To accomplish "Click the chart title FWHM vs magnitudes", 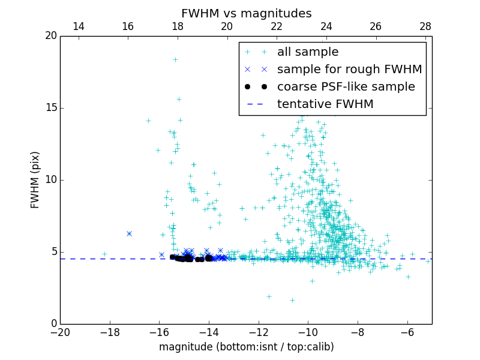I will (x=246, y=13).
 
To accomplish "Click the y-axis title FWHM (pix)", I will (x=35, y=180).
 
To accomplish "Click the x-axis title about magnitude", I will (x=246, y=347).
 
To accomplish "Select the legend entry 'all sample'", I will (x=307, y=52).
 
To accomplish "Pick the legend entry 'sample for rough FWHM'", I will (x=349, y=70).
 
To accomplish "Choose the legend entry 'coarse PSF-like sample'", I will (x=346, y=87).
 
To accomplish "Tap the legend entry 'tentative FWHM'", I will (x=325, y=104).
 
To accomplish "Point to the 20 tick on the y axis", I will (x=50, y=36).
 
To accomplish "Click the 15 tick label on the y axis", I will (x=50, y=108).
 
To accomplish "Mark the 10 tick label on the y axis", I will (x=50, y=180).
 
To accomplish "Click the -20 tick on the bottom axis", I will (x=60, y=332).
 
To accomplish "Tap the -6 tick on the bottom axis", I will (x=407, y=332).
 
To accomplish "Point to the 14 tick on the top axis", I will (x=78, y=27).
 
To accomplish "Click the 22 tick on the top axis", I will (x=277, y=27).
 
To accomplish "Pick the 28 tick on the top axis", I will (x=425, y=27).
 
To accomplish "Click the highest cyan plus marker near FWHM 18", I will (x=175, y=59).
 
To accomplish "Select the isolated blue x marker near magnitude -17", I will (x=129, y=233).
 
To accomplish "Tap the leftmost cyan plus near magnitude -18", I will (x=104, y=254).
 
